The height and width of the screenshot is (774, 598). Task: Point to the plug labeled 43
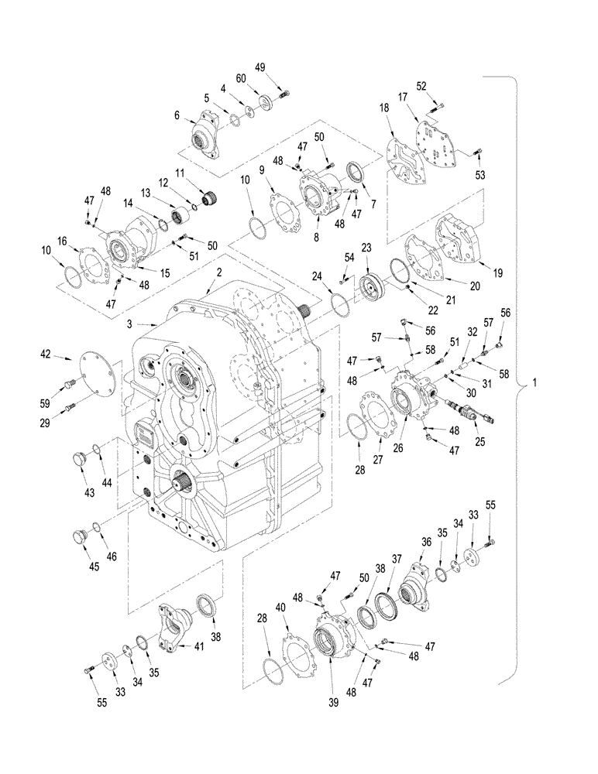[77, 457]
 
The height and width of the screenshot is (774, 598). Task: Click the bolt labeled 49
[283, 94]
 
